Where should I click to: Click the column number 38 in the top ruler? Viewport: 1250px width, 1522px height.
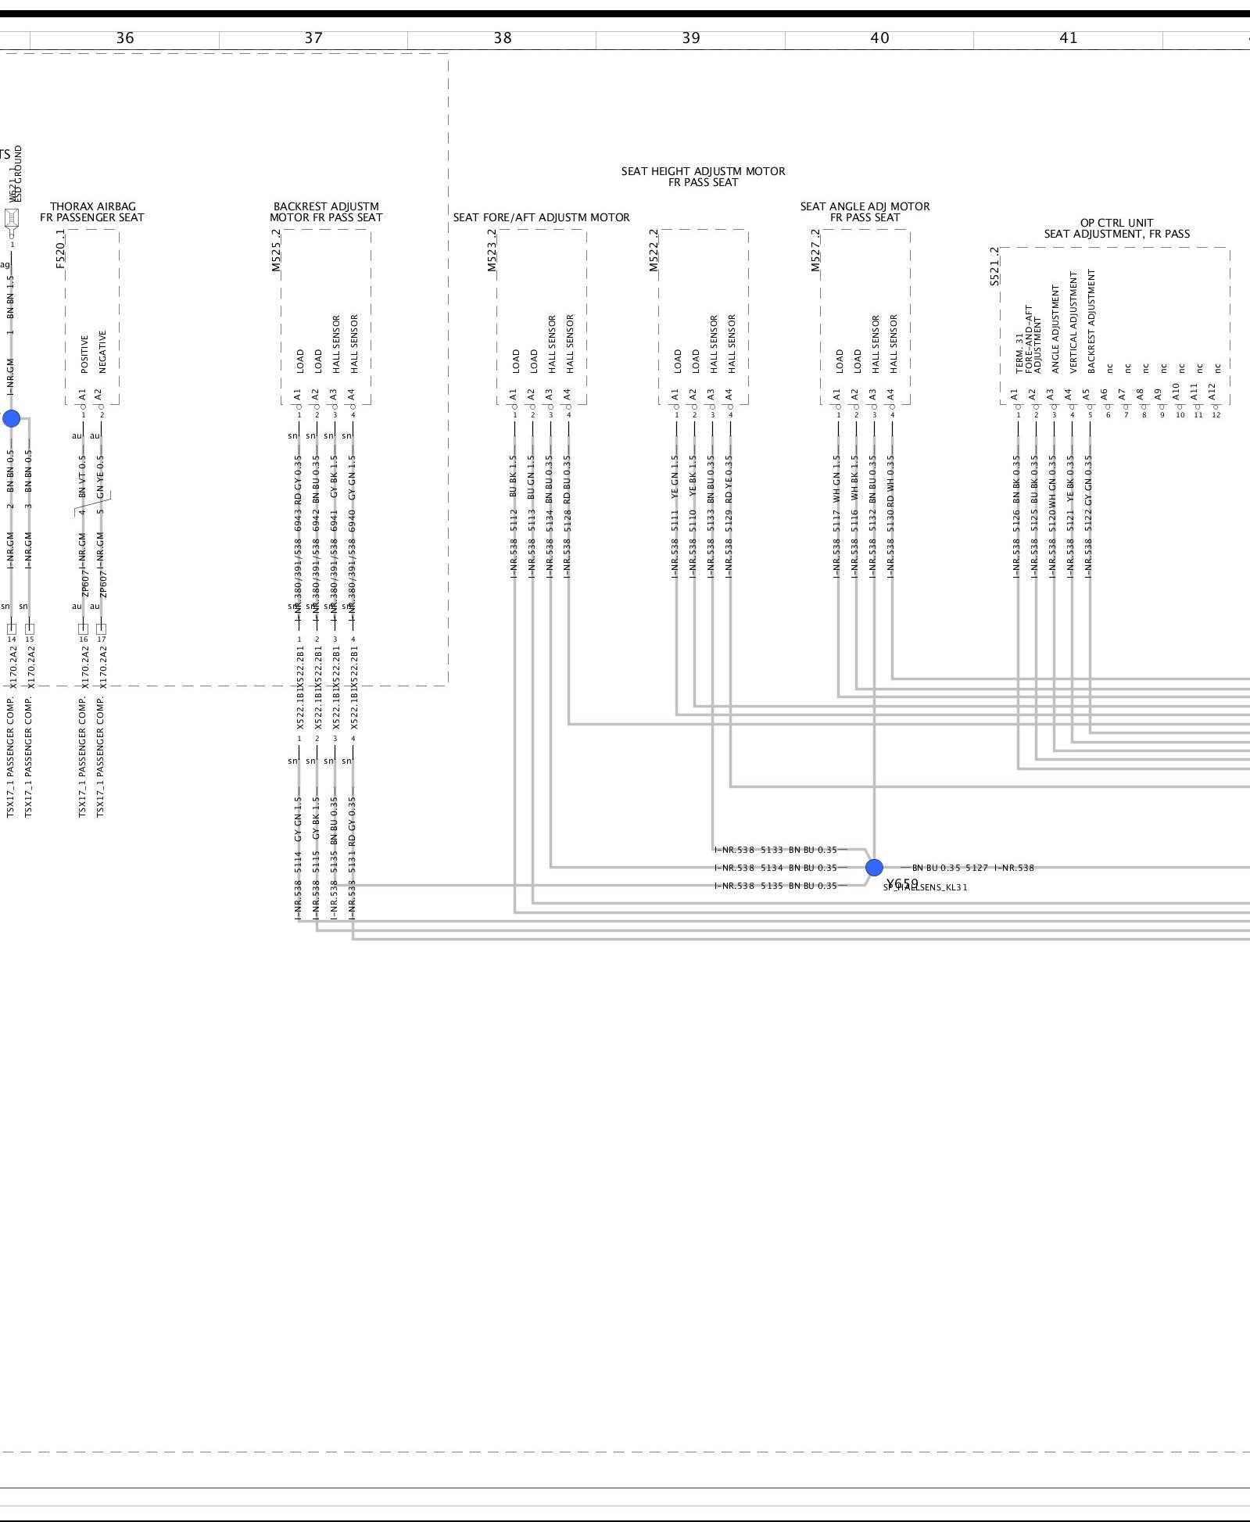(x=502, y=38)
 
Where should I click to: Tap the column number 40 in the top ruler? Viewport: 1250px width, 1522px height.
(x=879, y=38)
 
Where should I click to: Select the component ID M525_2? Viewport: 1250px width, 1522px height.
(x=276, y=250)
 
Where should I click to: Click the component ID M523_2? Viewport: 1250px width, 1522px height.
(x=492, y=250)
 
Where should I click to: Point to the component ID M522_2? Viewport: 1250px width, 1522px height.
(x=654, y=250)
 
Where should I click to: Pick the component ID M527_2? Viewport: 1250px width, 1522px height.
(x=815, y=250)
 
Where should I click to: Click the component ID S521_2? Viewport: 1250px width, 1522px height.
(x=994, y=267)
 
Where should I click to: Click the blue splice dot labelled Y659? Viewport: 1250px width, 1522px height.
(x=874, y=868)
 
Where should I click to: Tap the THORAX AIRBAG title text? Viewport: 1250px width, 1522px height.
(x=92, y=207)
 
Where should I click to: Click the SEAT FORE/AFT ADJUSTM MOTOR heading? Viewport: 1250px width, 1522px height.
(x=541, y=218)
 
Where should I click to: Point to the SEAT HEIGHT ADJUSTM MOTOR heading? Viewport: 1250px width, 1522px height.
(x=703, y=171)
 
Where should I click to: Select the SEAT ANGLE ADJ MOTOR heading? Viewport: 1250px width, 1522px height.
(x=865, y=207)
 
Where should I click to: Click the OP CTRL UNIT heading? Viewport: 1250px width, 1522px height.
(x=1116, y=223)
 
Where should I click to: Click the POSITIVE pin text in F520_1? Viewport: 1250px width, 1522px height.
(x=84, y=354)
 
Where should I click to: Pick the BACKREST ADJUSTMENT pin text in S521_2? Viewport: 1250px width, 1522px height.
(x=1091, y=320)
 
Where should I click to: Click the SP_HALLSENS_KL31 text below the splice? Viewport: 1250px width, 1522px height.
(x=926, y=887)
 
